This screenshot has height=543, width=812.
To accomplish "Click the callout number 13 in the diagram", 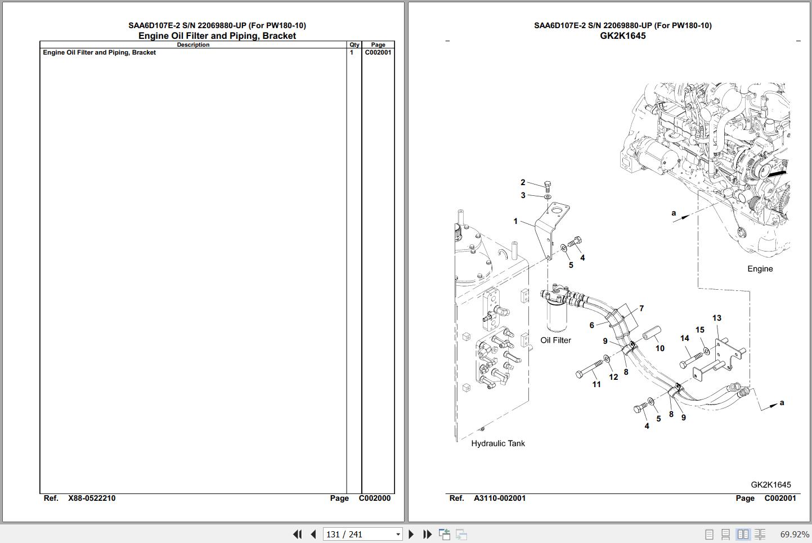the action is coord(717,318).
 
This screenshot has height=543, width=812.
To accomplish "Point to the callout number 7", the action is coord(641,308).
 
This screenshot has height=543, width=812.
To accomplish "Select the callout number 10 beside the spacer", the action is coord(660,348).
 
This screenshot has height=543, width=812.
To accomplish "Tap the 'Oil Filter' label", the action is coord(556,340).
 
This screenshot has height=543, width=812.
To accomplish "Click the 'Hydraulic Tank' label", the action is coord(497,443).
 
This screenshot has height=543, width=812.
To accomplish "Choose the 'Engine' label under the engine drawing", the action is coord(760,269).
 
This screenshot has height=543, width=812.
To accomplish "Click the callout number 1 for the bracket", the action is coord(515,221).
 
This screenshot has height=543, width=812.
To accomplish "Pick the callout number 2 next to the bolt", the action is coord(523,182).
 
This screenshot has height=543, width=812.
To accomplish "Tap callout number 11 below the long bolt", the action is coord(596,384).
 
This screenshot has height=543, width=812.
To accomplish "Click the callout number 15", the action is coord(699,330).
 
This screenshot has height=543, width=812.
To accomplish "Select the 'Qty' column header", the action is coord(354,44).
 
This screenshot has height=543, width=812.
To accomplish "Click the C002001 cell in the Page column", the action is coord(378,52).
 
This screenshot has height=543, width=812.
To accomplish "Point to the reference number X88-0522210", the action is coord(92,498).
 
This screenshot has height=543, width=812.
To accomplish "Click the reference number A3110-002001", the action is coord(500,498).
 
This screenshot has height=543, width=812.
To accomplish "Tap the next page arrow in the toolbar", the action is coord(411,534).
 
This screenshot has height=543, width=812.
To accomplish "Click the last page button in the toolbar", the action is coord(428,534).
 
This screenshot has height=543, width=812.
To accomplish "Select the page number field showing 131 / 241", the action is coord(362,534).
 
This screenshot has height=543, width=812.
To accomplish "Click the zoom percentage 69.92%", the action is coord(795,535).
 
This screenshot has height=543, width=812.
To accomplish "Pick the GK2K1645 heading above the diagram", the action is coord(623,35).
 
